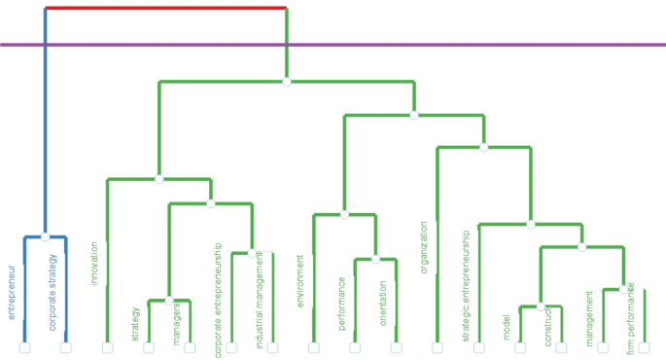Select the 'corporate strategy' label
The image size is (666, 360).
[x=53, y=292]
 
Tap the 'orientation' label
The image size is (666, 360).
[x=383, y=303]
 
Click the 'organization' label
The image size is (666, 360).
[x=424, y=247]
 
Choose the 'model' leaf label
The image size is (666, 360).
[x=507, y=327]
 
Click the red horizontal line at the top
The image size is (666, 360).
[x=165, y=9]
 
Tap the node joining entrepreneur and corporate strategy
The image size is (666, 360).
[x=46, y=236]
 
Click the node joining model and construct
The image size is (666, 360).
[x=541, y=306]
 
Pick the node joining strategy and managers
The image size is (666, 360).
[x=169, y=300]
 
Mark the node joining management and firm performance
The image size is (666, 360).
[x=623, y=289]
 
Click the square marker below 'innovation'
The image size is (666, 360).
[x=108, y=347]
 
